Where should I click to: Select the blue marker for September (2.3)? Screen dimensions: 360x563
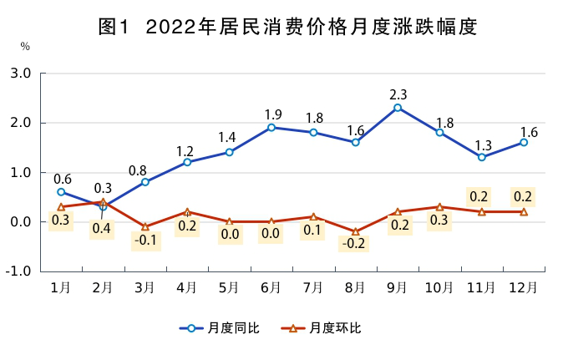(x=398, y=108)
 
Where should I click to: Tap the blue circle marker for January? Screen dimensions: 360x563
(x=61, y=192)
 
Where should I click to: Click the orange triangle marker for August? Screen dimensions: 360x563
(x=355, y=231)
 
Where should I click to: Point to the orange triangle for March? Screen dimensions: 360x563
(x=145, y=226)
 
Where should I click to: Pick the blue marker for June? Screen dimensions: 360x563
(x=271, y=128)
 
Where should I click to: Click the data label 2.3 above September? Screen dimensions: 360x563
(x=398, y=94)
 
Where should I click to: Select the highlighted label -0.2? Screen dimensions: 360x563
(x=355, y=245)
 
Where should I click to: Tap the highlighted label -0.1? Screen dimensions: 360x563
(x=145, y=241)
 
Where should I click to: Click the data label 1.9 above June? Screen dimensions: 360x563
(x=271, y=114)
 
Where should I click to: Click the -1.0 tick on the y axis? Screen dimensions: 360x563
(x=20, y=271)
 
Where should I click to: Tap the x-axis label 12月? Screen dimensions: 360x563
(x=524, y=287)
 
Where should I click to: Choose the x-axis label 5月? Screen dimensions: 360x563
(x=229, y=287)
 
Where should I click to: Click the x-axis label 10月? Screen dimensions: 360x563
(x=439, y=287)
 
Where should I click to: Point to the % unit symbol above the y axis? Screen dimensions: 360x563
(x=25, y=47)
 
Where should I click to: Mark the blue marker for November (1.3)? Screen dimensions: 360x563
(x=482, y=157)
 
